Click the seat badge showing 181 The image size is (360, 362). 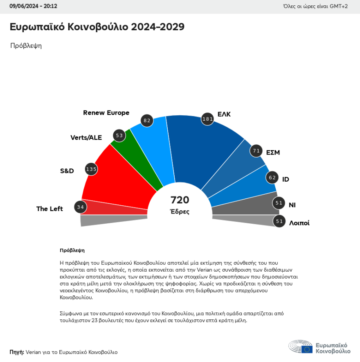(208, 119)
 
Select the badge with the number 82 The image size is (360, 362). (147, 120)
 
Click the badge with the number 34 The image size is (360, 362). (81, 207)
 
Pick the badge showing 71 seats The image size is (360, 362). (256, 151)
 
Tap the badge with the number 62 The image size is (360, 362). (272, 178)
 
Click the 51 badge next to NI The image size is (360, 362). (279, 203)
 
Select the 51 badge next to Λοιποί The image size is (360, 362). (279, 221)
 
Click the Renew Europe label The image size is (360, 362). (106, 113)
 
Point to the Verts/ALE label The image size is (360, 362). (86, 137)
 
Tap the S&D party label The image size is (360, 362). (67, 171)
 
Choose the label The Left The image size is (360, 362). (49, 209)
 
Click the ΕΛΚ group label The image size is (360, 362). (224, 115)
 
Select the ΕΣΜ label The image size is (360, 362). (273, 153)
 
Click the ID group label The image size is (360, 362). (286, 180)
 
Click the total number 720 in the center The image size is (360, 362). (180, 200)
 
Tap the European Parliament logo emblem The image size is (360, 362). (301, 346)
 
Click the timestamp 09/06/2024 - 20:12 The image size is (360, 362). (34, 6)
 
